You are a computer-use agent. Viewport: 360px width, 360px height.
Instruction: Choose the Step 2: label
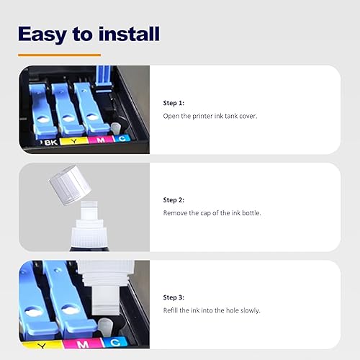click(174, 199)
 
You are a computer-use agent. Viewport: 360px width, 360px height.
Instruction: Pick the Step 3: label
click(174, 297)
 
